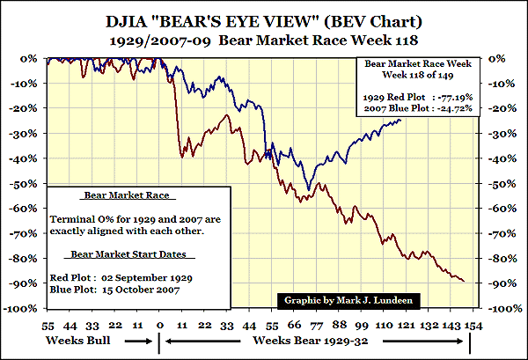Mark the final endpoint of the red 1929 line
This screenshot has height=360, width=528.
(x=466, y=282)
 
